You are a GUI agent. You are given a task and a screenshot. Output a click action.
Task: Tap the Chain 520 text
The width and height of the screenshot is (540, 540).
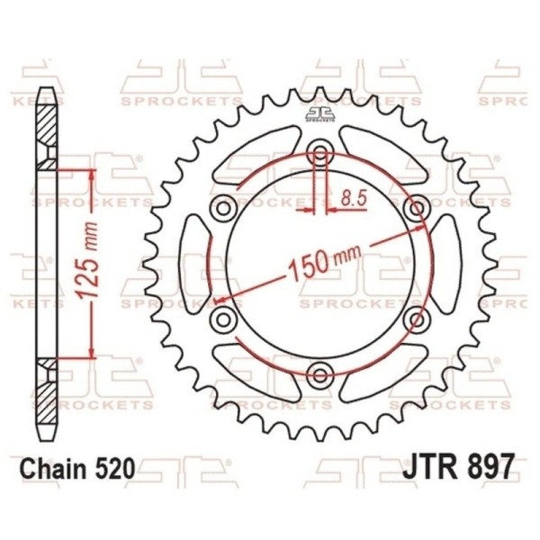tap(77, 469)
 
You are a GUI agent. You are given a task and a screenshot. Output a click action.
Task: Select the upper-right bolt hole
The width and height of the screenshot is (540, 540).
tap(413, 209)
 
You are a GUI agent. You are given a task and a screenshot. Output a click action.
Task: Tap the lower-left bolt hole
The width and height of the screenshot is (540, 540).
tap(221, 319)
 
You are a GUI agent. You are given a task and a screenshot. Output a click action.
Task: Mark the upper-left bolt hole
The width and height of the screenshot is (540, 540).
tap(221, 209)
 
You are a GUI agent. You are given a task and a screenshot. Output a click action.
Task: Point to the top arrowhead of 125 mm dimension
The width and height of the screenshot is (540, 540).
tap(91, 174)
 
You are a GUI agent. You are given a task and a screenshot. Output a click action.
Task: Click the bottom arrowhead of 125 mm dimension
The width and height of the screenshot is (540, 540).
tap(91, 354)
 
